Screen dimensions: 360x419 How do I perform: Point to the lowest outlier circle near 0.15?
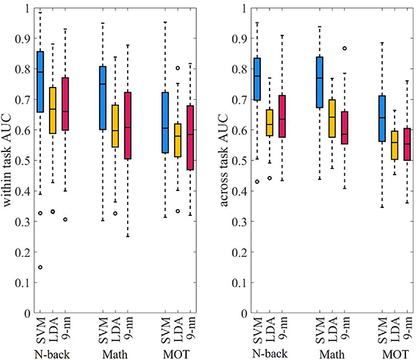pyautogui.click(x=40, y=267)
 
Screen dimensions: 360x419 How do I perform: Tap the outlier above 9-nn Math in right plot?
pyautogui.click(x=344, y=48)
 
